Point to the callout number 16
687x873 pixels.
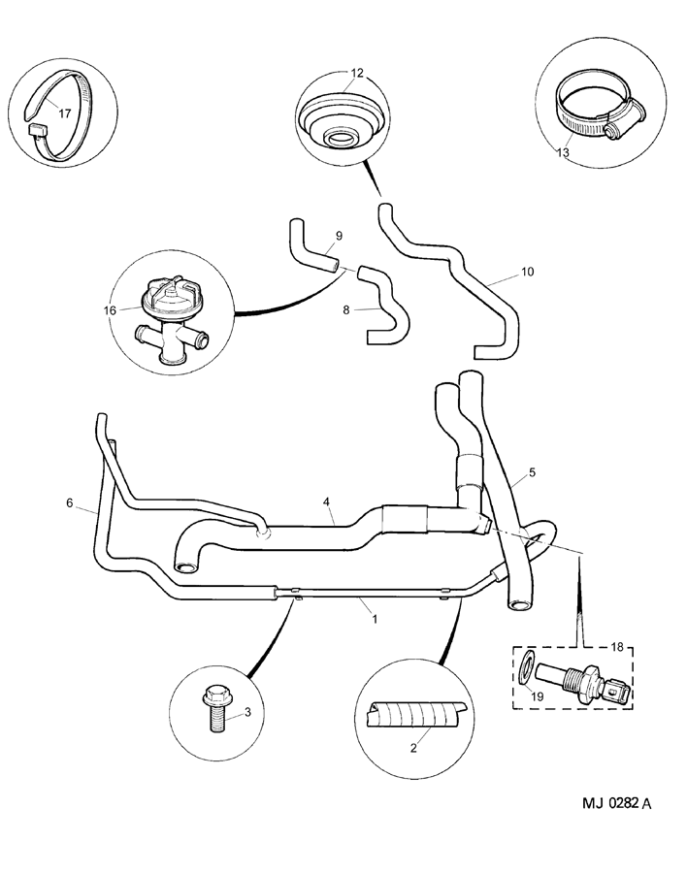click(110, 310)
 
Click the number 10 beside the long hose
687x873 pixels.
click(527, 273)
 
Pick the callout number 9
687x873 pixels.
click(339, 236)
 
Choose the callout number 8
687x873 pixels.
click(346, 311)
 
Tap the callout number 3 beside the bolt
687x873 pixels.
click(246, 713)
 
